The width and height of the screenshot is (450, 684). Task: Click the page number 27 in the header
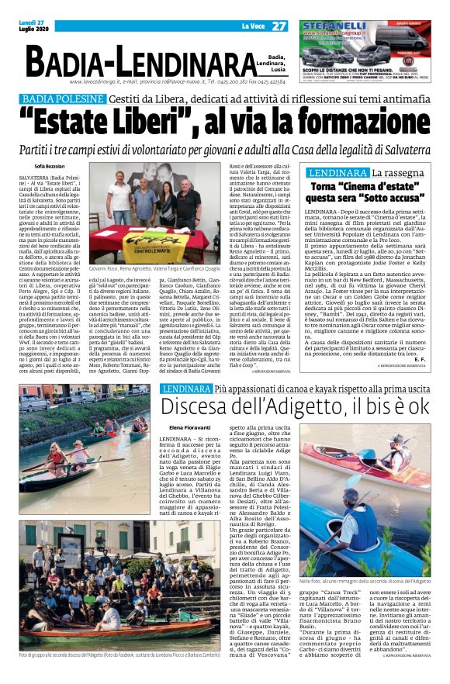pos(279,27)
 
